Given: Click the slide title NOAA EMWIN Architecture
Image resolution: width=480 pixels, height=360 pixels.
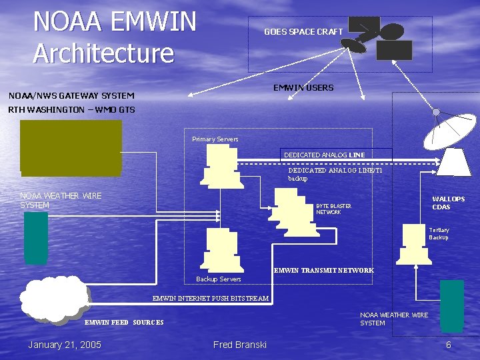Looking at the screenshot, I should click(115, 37).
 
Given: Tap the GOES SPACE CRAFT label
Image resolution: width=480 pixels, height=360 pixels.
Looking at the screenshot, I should click(303, 31).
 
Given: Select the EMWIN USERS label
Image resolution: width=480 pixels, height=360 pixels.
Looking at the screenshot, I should click(303, 87).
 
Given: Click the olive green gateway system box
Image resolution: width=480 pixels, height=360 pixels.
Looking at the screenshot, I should click(71, 147).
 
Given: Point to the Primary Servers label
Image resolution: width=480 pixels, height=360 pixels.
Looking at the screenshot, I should click(215, 139).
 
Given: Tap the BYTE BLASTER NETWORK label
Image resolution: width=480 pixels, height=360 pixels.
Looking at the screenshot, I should click(333, 209).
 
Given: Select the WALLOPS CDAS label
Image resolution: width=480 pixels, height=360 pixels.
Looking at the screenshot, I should click(448, 203).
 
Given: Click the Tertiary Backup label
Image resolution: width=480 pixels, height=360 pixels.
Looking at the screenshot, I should click(439, 233).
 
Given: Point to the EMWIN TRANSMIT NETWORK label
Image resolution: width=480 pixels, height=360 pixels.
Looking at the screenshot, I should click(324, 270).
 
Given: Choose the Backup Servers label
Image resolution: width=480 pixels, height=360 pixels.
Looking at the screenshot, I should click(219, 278).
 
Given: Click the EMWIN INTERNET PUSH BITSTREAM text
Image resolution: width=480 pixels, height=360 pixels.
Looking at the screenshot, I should click(210, 298).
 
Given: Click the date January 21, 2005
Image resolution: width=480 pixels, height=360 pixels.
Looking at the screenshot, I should click(65, 344).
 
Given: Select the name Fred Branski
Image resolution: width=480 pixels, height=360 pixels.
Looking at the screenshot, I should click(240, 344).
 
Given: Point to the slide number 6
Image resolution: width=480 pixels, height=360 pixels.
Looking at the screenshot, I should click(449, 344).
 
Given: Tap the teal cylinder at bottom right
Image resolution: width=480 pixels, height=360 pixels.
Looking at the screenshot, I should click(451, 305).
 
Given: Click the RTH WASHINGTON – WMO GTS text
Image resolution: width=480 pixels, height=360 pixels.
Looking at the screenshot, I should click(71, 109).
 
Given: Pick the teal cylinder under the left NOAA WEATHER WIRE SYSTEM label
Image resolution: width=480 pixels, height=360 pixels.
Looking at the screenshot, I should click(36, 237).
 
